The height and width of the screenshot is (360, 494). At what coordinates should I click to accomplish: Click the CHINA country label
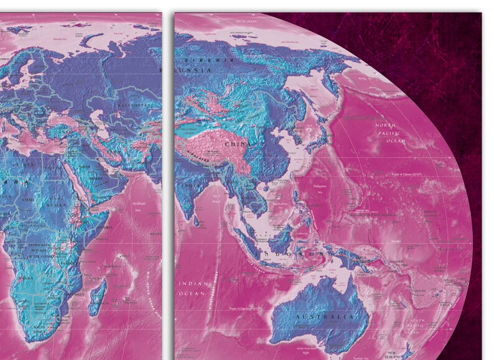pyautogui.click(x=237, y=144)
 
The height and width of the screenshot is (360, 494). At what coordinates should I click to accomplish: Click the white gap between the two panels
pyautogui.click(x=168, y=187)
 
